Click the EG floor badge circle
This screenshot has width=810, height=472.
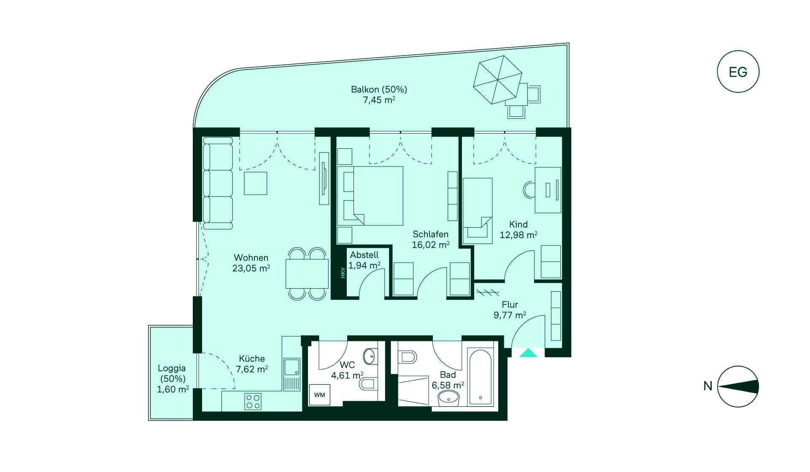pos(738,72)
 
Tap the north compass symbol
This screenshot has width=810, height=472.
pos(738,386)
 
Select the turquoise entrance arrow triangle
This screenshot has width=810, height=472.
pos(528,353)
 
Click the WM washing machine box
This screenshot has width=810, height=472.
pos(319,395)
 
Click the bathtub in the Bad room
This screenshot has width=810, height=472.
pos(481,377)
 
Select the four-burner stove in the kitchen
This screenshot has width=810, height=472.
pos(253,401)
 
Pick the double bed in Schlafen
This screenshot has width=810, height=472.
pos(370,196)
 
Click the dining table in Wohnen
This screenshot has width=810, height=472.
pos(307,274)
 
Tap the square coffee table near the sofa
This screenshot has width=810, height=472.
pos(256,183)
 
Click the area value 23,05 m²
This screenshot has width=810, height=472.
pos(251,268)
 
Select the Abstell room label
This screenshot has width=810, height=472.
pos(364,255)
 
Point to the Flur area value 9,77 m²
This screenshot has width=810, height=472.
pos(510,315)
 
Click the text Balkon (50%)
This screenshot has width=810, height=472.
pos(379,89)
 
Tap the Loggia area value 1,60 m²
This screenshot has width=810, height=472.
pos(173,389)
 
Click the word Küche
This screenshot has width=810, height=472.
pos(252,359)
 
